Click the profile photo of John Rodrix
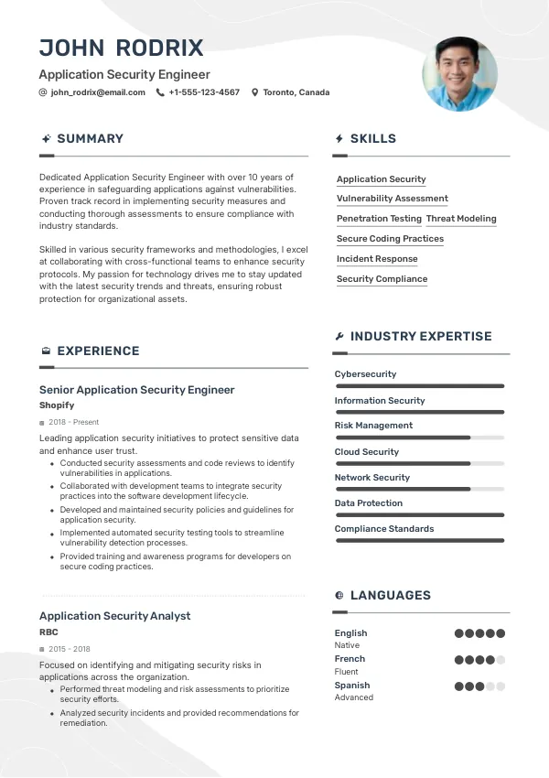(x=459, y=74)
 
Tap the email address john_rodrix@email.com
(x=98, y=92)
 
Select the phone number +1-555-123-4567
(x=204, y=92)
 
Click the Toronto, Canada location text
(x=296, y=92)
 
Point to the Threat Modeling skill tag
(x=461, y=219)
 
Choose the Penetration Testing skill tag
(x=379, y=219)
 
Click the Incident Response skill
(x=377, y=259)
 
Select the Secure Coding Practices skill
(x=390, y=239)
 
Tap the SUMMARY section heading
(x=90, y=139)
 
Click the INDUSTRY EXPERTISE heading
(x=421, y=337)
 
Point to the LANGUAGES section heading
(x=390, y=596)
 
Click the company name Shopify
(x=57, y=405)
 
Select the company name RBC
(x=48, y=632)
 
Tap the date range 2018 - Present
(x=73, y=422)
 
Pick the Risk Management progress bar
(x=419, y=438)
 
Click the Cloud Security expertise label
(x=367, y=452)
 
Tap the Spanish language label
(x=352, y=685)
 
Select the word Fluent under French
(x=347, y=672)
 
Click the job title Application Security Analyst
(x=114, y=616)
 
